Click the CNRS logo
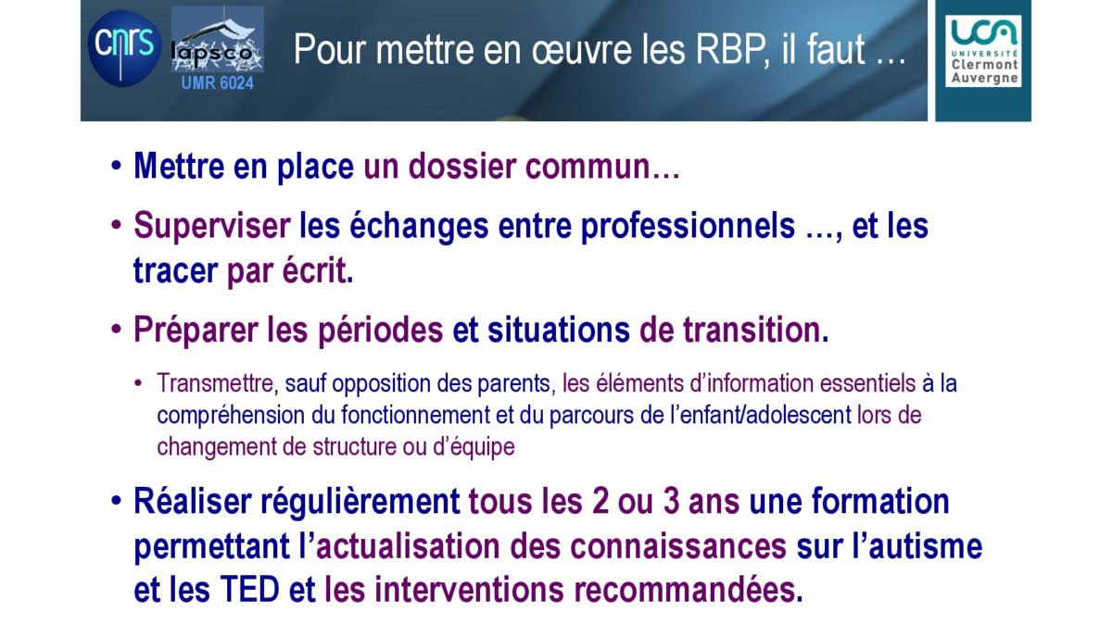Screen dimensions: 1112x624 coord(124,49)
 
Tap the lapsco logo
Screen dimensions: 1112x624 coord(218,40)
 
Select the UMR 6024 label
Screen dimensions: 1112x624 coord(218,82)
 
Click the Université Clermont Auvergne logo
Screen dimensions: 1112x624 coord(983,51)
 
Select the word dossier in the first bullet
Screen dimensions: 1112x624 coord(462,166)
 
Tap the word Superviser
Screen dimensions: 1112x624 coord(212,226)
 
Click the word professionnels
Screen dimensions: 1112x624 coord(688,226)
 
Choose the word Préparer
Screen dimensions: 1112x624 coord(196,330)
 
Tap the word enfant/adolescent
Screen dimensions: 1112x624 coord(766,415)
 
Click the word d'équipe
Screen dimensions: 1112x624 coord(474,447)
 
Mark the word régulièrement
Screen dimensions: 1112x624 coord(360,502)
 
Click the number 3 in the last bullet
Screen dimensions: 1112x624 coord(671,501)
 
